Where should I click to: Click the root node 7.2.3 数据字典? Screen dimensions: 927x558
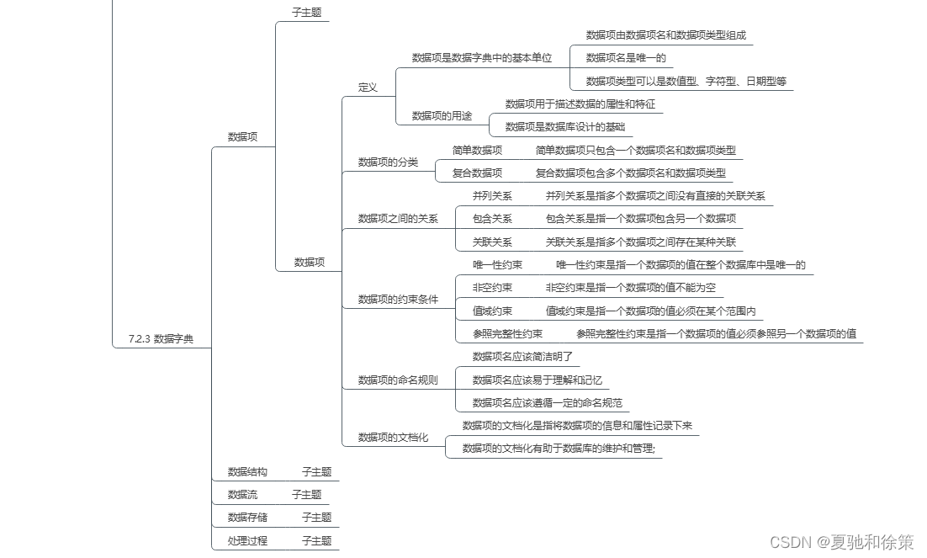click(160, 339)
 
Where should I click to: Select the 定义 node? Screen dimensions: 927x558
click(368, 87)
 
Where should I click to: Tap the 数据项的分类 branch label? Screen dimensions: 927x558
click(388, 162)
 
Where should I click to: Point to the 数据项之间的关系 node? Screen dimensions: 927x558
click(398, 219)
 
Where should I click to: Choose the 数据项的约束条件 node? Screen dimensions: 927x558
click(398, 299)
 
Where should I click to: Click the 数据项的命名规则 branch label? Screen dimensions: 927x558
click(398, 380)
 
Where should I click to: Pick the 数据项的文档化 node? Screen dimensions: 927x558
click(393, 437)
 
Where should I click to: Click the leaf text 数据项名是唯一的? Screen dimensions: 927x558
click(626, 58)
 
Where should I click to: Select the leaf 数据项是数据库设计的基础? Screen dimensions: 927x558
click(565, 127)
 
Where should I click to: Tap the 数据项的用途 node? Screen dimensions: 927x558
click(442, 116)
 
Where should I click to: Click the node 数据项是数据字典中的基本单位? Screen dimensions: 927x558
click(482, 58)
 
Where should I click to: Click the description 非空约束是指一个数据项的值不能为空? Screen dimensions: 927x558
click(631, 288)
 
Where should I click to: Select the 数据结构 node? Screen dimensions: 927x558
click(247, 472)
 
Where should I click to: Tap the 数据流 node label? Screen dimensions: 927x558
click(242, 495)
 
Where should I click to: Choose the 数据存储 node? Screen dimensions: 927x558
click(247, 518)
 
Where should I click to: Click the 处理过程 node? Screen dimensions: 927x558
click(247, 540)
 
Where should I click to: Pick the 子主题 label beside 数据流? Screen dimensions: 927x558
click(307, 495)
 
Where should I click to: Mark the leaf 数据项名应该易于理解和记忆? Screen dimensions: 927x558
click(538, 380)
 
